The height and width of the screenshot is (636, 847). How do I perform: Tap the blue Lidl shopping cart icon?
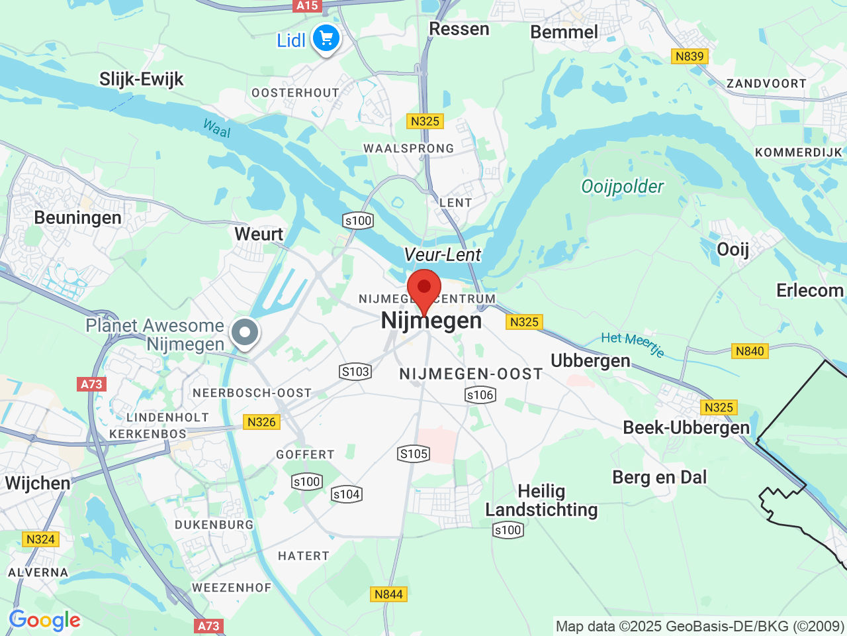pos(326,38)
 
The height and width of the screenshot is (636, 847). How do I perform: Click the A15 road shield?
pos(307,6)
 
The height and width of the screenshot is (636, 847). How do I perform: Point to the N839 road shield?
pos(690,56)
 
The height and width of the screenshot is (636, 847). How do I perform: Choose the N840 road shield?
pos(750,351)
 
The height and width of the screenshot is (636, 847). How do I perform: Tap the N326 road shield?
pos(261,422)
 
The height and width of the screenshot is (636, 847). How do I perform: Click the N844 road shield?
pos(388,594)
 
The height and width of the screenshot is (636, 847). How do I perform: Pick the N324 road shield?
pos(40,539)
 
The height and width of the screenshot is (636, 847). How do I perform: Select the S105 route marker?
pos(414,454)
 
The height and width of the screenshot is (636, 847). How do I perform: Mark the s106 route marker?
pos(480,396)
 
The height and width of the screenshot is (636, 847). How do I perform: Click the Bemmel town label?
pos(564,32)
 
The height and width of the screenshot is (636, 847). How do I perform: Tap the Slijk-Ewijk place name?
pos(141,79)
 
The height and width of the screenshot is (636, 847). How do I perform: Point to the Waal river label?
pos(217,128)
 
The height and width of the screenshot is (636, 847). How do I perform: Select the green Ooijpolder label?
pos(622,187)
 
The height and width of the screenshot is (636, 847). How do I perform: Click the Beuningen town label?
pos(77,218)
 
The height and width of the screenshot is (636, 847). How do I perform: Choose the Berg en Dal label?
pos(659,478)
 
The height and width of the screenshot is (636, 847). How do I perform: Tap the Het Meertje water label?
pos(633,343)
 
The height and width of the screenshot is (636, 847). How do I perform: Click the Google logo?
pos(44,621)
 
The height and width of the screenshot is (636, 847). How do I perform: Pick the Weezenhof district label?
pos(232,588)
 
